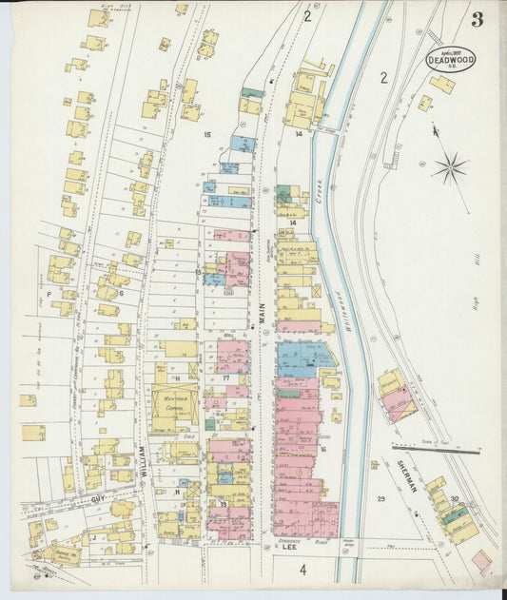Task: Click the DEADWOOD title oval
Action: [458, 57]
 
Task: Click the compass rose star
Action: [449, 169]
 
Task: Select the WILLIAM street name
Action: [144, 463]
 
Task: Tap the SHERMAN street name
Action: [405, 473]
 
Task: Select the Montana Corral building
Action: [174, 404]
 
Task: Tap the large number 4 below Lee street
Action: [302, 570]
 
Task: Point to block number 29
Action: [380, 499]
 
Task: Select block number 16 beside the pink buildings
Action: [323, 449]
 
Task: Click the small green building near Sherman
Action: [458, 515]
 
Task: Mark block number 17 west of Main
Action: [226, 378]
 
